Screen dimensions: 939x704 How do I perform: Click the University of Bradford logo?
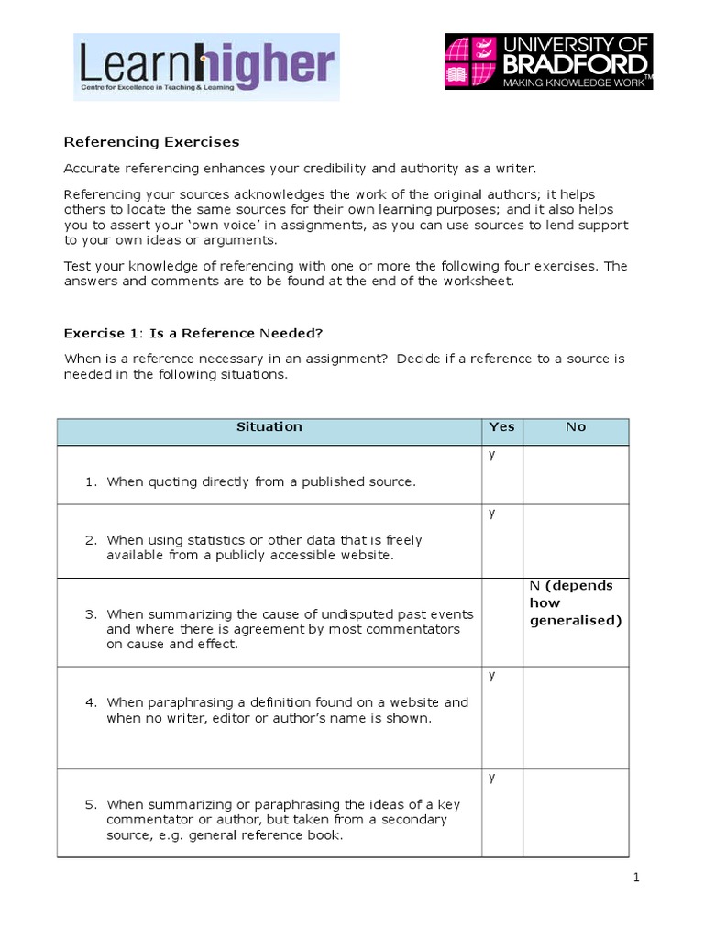pyautogui.click(x=548, y=61)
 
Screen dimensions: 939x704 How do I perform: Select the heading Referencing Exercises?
pyautogui.click(x=150, y=142)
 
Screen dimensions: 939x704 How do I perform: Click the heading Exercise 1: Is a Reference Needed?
pyautogui.click(x=192, y=332)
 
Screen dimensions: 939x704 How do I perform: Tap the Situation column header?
pyautogui.click(x=269, y=427)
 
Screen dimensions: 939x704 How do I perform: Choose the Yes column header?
pyautogui.click(x=501, y=427)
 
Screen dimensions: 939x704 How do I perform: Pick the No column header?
pyautogui.click(x=575, y=427)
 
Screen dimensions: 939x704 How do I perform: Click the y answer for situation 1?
pyautogui.click(x=492, y=455)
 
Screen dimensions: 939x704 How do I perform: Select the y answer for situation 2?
pyautogui.click(x=492, y=514)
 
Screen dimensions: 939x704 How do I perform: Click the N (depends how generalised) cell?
pyautogui.click(x=575, y=603)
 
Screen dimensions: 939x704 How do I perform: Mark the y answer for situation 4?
pyautogui.click(x=492, y=676)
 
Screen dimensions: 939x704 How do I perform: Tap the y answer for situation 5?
pyautogui.click(x=492, y=778)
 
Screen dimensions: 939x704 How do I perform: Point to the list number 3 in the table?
pyautogui.click(x=91, y=614)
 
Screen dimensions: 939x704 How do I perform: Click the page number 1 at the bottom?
pyautogui.click(x=635, y=878)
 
